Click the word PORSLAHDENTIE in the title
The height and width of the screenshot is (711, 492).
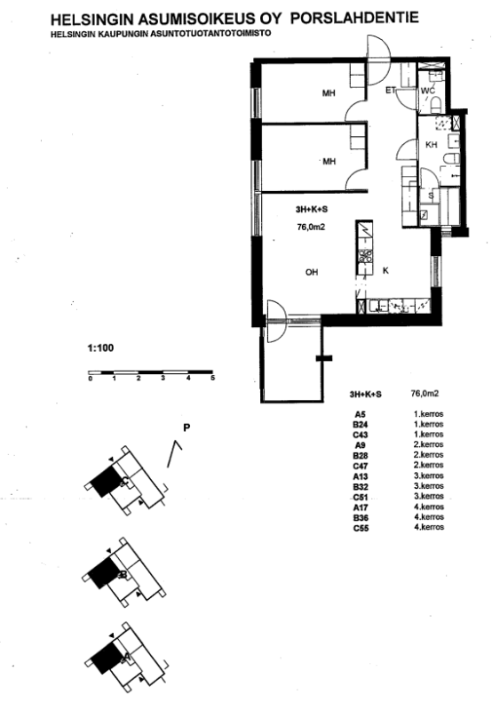point(354,18)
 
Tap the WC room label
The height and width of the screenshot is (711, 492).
point(428,91)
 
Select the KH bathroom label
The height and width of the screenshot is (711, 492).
point(432,145)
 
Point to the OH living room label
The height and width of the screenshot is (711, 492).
point(312,272)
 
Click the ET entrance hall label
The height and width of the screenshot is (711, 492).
point(391,91)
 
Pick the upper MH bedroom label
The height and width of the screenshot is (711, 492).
point(329,93)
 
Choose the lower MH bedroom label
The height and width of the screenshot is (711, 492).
point(329,161)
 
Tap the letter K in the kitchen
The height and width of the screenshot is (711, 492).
point(386,271)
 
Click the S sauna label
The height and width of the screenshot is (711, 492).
point(431,196)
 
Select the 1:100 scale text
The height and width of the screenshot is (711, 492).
point(100,348)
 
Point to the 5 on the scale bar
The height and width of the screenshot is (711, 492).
point(213,379)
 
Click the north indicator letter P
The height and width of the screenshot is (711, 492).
point(186,427)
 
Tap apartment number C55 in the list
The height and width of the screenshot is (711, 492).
point(361,528)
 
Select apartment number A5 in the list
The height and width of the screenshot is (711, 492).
point(361,414)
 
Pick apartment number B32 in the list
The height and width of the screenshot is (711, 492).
point(361,487)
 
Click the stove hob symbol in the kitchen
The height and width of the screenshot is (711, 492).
point(365,257)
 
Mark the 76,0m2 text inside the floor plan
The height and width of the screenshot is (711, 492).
point(311,228)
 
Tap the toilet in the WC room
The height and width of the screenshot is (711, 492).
point(436,106)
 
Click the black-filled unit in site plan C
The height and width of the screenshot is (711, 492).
point(106,482)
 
